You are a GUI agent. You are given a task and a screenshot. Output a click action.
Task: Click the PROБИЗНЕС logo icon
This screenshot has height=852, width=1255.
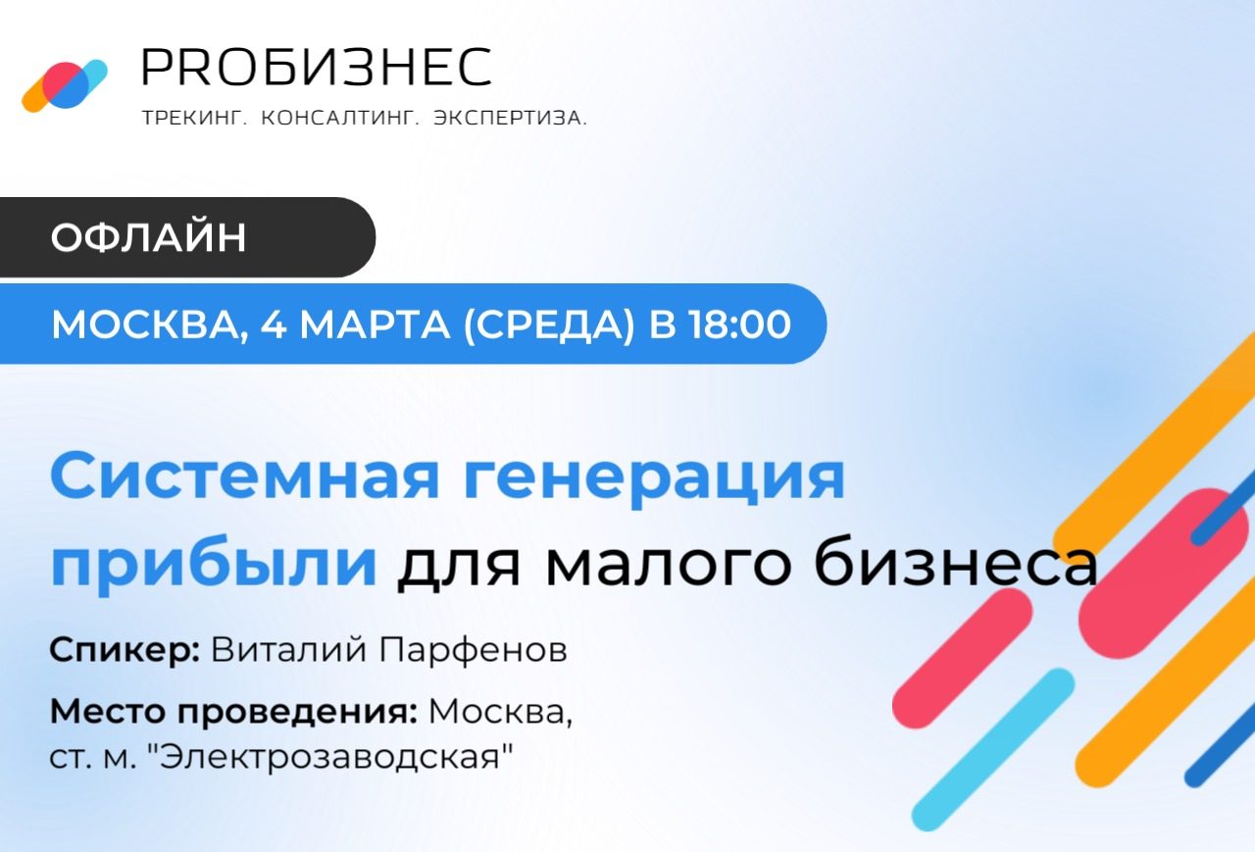65,85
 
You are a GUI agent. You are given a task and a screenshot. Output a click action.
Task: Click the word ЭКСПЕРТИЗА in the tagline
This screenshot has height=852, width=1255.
510,119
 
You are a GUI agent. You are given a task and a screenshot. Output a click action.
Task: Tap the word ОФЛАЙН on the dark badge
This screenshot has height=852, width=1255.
148,238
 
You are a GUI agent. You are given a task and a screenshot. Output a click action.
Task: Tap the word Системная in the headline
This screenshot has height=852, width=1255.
231,477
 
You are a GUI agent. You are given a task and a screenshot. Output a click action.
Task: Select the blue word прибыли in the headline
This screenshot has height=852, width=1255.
214,566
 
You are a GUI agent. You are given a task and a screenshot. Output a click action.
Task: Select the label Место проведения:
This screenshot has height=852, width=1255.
234,712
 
